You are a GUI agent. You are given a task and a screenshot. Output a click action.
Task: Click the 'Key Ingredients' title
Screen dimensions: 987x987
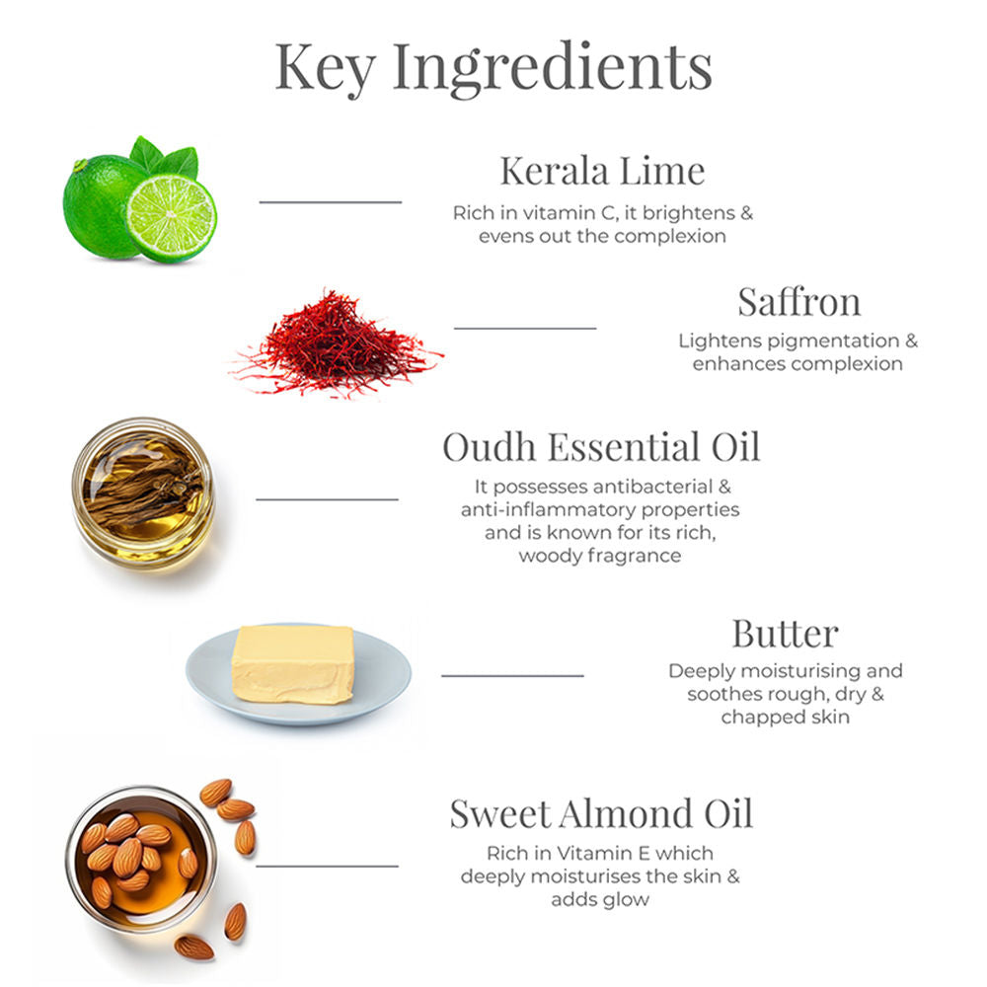(x=493, y=68)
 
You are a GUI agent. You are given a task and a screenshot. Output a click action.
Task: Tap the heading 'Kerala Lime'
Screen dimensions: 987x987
(x=602, y=171)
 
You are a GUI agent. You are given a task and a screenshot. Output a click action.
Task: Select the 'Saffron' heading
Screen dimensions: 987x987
(x=798, y=301)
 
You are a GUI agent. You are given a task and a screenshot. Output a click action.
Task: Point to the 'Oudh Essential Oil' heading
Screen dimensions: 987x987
(x=601, y=447)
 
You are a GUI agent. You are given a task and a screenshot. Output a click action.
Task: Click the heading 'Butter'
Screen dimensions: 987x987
(x=785, y=633)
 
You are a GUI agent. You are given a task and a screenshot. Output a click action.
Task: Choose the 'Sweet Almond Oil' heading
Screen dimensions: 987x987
(x=601, y=813)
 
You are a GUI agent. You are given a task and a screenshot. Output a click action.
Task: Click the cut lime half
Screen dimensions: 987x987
(x=172, y=218)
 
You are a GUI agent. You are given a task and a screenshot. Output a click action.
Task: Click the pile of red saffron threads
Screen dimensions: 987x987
(x=337, y=344)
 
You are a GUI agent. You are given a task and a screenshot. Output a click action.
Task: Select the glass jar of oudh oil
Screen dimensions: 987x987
(x=143, y=493)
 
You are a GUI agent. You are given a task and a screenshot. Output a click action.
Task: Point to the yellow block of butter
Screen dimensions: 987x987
(x=293, y=664)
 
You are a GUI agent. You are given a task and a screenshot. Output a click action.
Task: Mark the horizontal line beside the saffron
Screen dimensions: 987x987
(x=525, y=328)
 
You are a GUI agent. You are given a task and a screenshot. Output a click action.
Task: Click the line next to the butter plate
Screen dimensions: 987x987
(x=512, y=675)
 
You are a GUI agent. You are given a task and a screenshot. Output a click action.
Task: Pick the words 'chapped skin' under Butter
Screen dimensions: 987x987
(x=785, y=718)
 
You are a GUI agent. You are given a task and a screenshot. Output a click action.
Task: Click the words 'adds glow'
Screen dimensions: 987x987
(x=600, y=900)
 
